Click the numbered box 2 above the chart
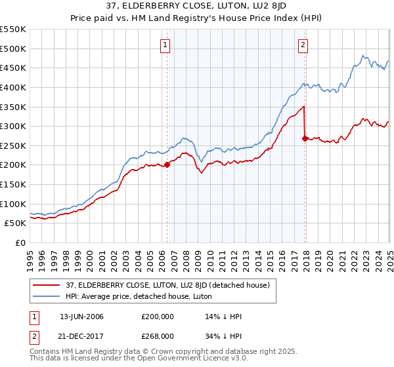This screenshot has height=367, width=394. (x=303, y=45)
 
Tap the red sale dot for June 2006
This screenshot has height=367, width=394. (x=167, y=165)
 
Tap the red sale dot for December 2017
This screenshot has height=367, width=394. (x=305, y=138)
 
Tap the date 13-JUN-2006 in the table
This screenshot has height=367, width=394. (x=81, y=317)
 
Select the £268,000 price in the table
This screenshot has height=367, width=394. (x=158, y=336)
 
